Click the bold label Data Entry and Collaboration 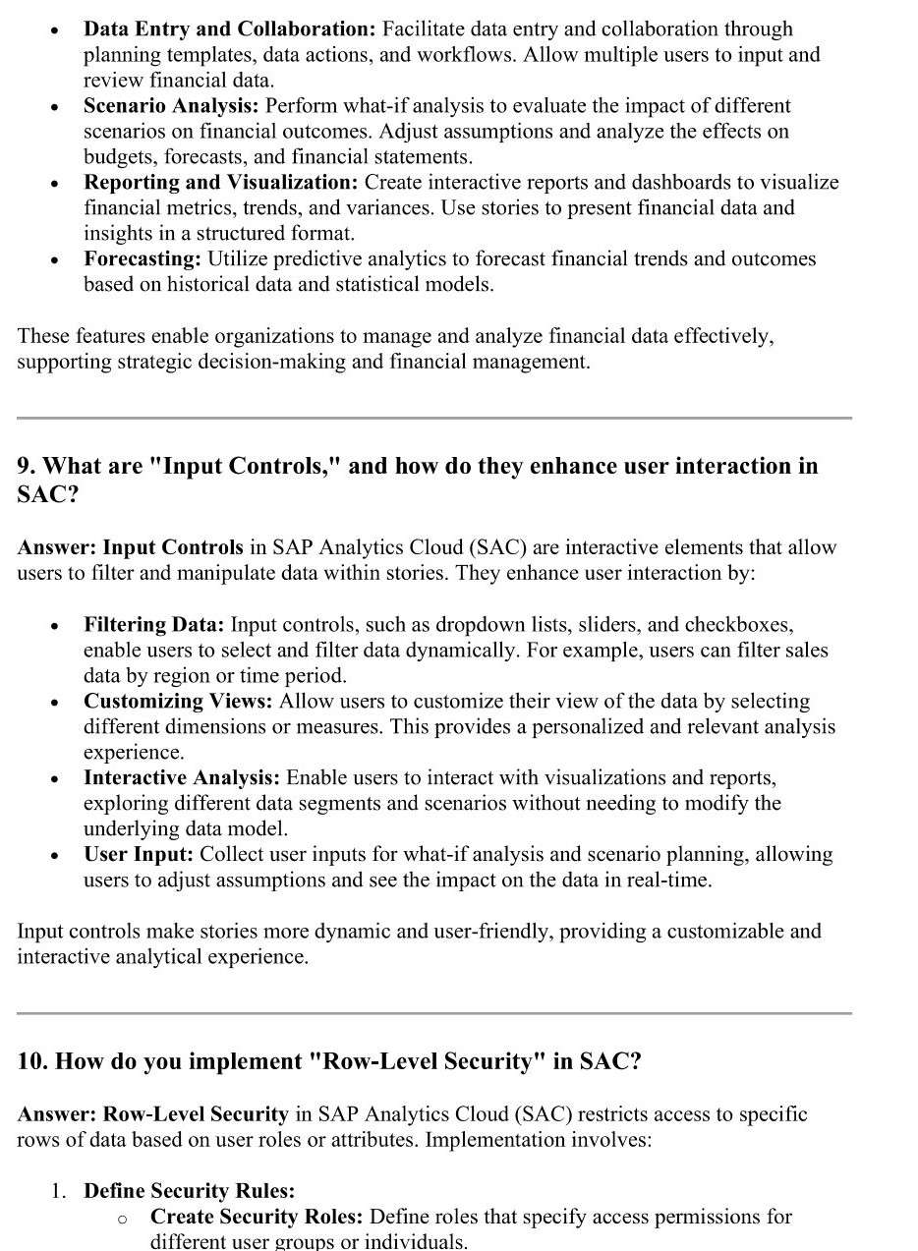229,29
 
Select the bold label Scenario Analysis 172,106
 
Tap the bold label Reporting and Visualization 221,183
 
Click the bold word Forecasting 143,259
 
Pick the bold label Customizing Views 178,702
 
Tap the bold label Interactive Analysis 182,778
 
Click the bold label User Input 139,855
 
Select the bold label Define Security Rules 189,1191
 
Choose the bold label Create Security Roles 256,1217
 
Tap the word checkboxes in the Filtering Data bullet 738,625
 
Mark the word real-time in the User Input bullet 668,881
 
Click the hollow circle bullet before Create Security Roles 123,1219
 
